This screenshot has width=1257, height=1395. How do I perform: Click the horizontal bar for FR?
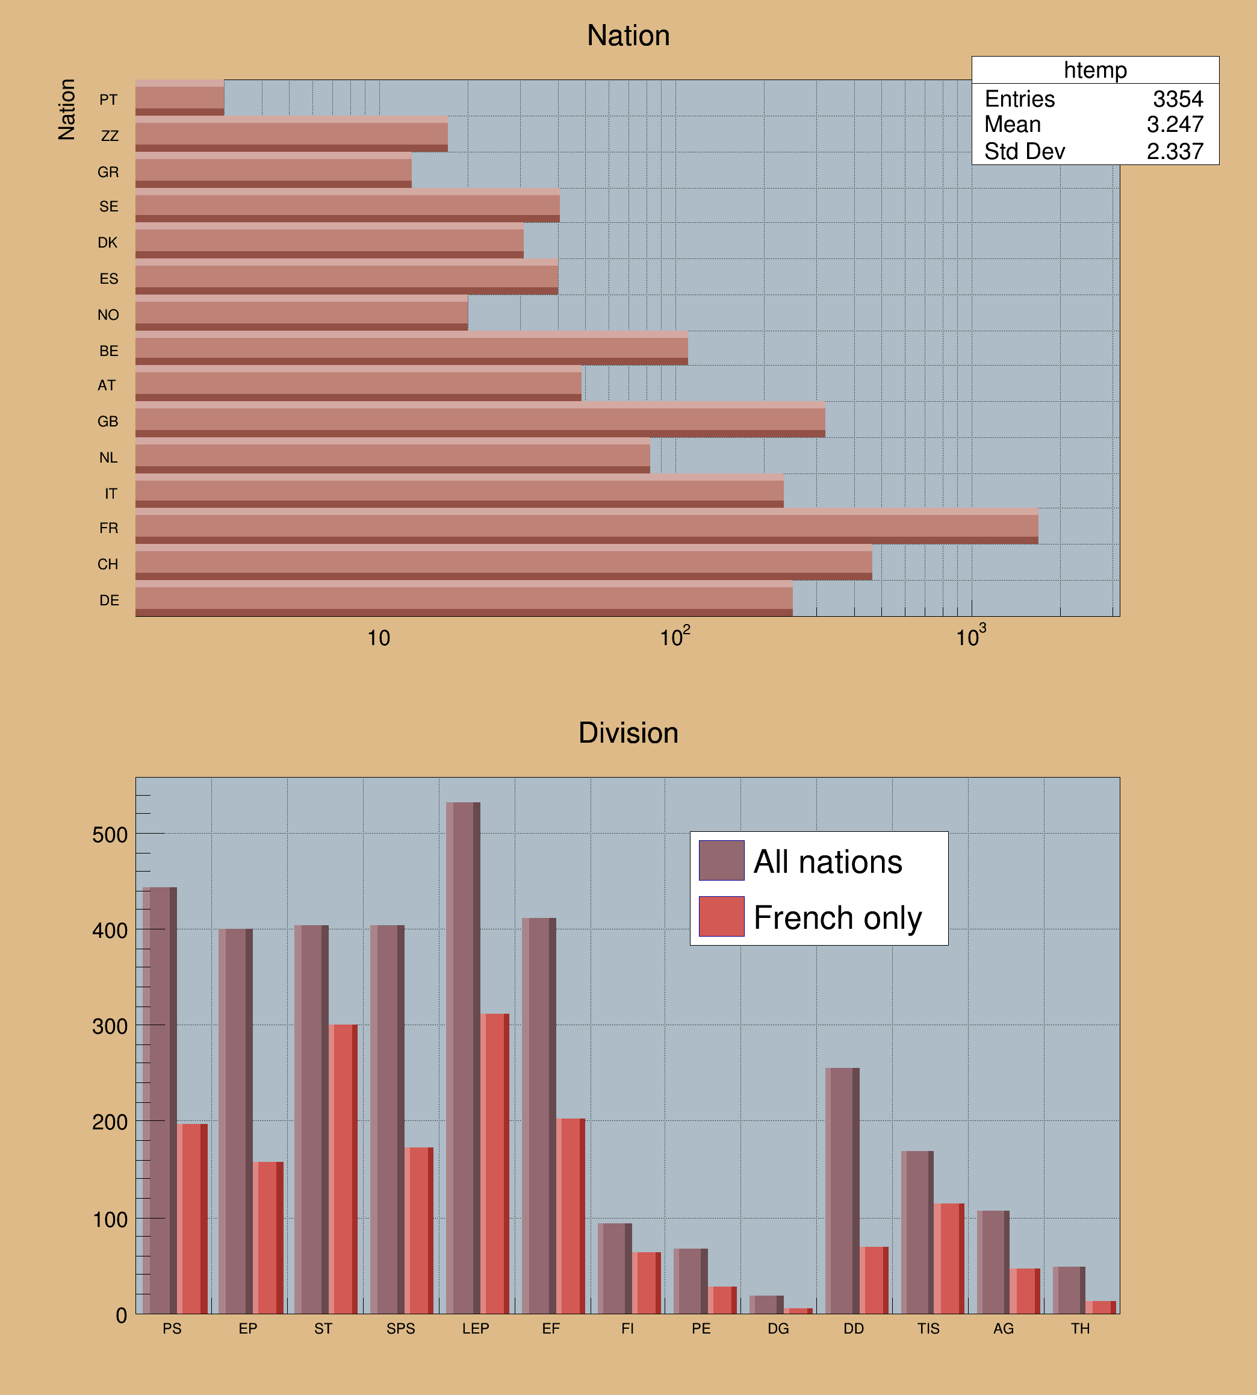pyautogui.click(x=586, y=526)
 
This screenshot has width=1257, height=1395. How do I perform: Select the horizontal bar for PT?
pyautogui.click(x=179, y=98)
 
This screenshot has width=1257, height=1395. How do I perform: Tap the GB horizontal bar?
pyautogui.click(x=480, y=420)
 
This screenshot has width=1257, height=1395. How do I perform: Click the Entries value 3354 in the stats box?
pyautogui.click(x=1178, y=99)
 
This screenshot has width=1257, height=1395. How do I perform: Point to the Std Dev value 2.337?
pyautogui.click(x=1175, y=151)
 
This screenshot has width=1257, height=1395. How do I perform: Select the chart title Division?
pyautogui.click(x=628, y=733)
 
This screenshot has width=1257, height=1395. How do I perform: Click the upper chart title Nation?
pyautogui.click(x=628, y=36)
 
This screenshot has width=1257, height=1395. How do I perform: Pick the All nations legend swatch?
pyautogui.click(x=721, y=860)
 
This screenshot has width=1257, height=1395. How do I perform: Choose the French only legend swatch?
pyautogui.click(x=721, y=916)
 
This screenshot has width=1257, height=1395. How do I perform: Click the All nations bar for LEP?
pyautogui.click(x=463, y=1057)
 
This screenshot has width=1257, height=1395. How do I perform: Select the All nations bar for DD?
pyautogui.click(x=842, y=1190)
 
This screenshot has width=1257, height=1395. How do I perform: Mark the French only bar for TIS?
pyautogui.click(x=949, y=1258)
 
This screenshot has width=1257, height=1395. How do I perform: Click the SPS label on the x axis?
pyautogui.click(x=400, y=1329)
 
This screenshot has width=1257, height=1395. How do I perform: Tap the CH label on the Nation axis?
pyautogui.click(x=108, y=564)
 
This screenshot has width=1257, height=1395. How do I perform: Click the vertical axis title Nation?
pyautogui.click(x=66, y=109)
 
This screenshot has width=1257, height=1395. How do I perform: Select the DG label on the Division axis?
pyautogui.click(x=778, y=1329)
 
